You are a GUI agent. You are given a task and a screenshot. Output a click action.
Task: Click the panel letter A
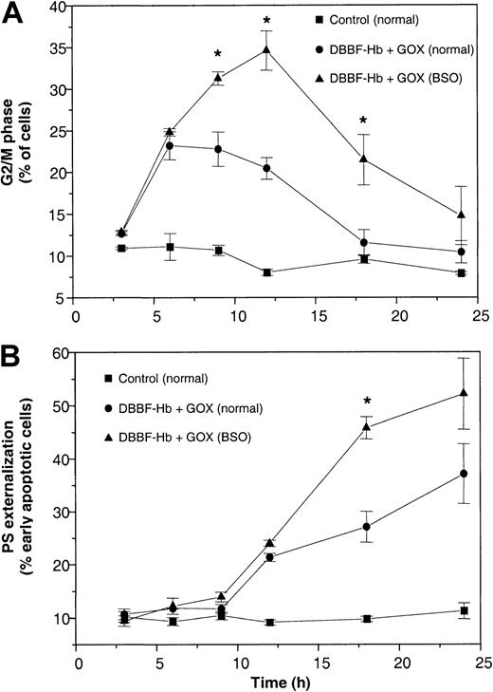pyautogui.click(x=13, y=13)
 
